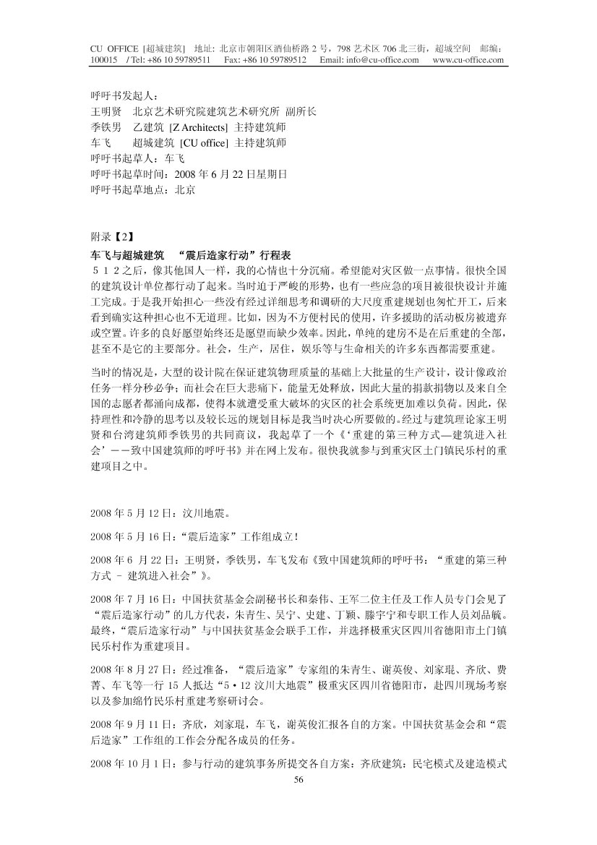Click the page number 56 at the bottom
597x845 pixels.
pos(298,779)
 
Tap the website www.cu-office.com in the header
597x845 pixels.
pos(468,60)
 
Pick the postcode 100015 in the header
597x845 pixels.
pos(103,60)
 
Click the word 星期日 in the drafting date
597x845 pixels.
pos(273,174)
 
